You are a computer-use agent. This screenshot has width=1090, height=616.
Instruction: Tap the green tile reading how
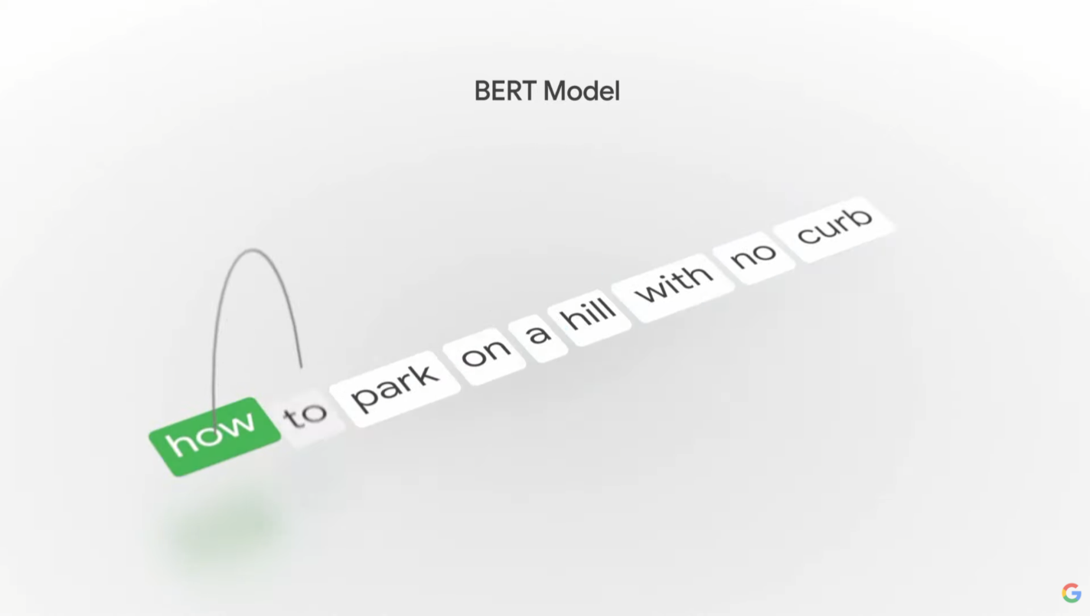point(214,435)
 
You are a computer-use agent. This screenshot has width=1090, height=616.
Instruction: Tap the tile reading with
point(673,284)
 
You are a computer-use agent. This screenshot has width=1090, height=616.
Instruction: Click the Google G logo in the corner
point(1071,592)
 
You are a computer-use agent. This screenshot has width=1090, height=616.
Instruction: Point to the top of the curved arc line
point(253,249)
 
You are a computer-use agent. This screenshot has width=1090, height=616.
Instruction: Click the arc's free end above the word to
point(301,366)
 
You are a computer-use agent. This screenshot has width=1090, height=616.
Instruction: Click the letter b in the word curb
point(861,216)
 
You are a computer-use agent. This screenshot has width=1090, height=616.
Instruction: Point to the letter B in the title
point(481,91)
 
